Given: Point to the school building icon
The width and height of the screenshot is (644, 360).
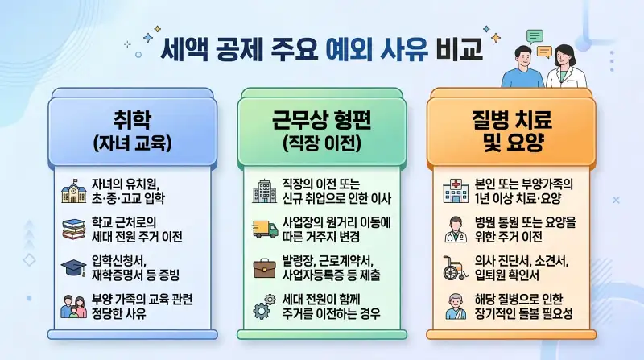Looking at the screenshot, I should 73,193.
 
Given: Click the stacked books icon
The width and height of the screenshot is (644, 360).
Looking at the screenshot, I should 73,230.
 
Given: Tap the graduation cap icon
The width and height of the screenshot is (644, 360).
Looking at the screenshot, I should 73,267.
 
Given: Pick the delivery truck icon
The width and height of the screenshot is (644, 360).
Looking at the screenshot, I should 263,230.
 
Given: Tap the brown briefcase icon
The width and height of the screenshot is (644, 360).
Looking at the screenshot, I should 263,267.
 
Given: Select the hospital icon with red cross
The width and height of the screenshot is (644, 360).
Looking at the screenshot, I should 453,193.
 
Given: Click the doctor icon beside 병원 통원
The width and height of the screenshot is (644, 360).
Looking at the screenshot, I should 453,230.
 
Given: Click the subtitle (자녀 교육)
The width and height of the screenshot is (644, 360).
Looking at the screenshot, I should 134,144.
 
